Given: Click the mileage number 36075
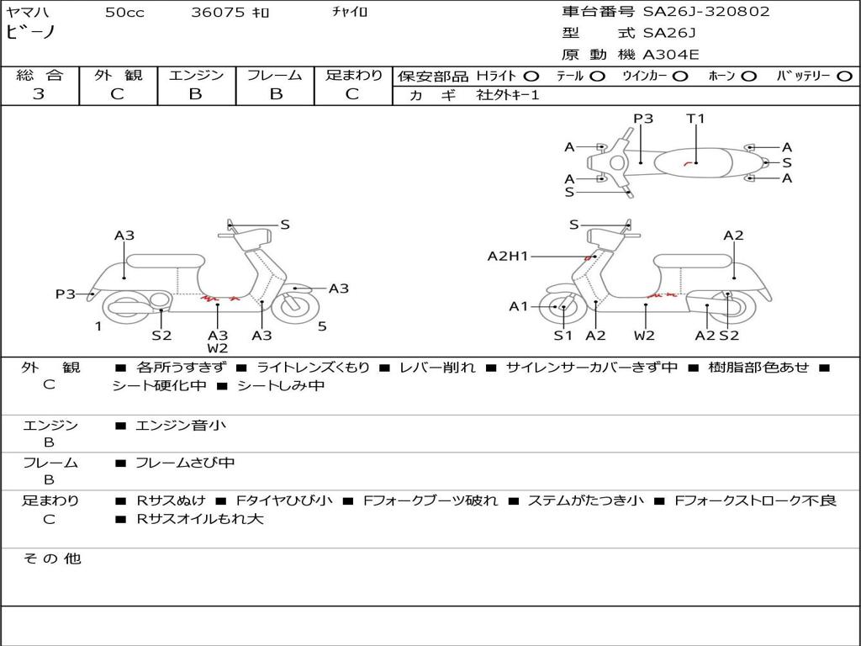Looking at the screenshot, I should click(x=218, y=13).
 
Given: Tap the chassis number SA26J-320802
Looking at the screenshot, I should click(x=706, y=12).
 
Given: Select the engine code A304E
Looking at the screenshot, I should click(x=671, y=56).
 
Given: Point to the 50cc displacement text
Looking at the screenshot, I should click(x=124, y=13).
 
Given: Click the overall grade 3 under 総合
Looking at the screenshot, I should click(x=39, y=94).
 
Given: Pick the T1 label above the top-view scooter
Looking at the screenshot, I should click(x=695, y=119).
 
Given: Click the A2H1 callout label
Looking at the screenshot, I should click(x=508, y=256).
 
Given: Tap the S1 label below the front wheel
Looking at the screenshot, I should click(x=563, y=336).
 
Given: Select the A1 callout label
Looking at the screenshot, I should click(x=519, y=306).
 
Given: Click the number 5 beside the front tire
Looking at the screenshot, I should click(x=322, y=326).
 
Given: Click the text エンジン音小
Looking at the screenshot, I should click(x=181, y=426).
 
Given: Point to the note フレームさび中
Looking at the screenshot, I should click(x=185, y=463).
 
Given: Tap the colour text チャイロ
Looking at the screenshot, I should click(x=350, y=12).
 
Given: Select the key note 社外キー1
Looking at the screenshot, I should click(x=508, y=95).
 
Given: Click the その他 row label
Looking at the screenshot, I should click(x=51, y=559).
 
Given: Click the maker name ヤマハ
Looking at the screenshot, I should click(x=28, y=13).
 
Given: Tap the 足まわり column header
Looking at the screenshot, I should click(x=353, y=75).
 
